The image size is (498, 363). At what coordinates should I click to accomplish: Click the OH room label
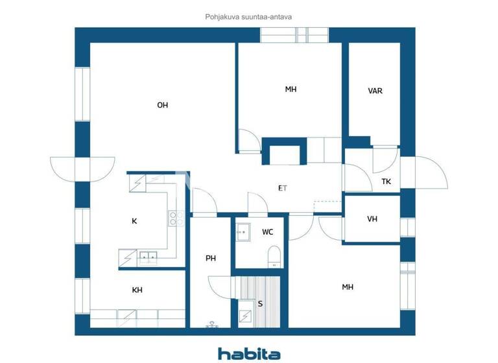pyautogui.click(x=163, y=105)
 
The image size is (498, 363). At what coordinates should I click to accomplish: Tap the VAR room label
pyautogui.click(x=375, y=91)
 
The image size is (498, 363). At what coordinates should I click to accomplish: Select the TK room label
pyautogui.click(x=386, y=181)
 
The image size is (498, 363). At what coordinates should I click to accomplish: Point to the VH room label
pyautogui.click(x=372, y=219)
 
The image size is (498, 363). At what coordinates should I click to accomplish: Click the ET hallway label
pyautogui.click(x=283, y=189)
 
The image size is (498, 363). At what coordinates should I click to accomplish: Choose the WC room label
pyautogui.click(x=268, y=231)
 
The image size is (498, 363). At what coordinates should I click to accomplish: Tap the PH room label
pyautogui.click(x=211, y=258)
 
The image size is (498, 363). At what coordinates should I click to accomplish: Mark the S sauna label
pyautogui.click(x=261, y=303)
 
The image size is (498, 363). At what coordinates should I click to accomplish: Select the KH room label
pyautogui.click(x=137, y=290)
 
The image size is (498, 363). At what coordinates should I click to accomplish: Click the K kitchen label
pyautogui.click(x=134, y=221)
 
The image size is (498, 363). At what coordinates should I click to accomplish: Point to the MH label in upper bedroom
pyautogui.click(x=290, y=89)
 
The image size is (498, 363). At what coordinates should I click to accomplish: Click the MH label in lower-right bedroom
pyautogui.click(x=348, y=287)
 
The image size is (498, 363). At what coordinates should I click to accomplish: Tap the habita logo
pyautogui.click(x=249, y=353)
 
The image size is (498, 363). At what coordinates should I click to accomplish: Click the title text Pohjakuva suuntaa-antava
pyautogui.click(x=248, y=18)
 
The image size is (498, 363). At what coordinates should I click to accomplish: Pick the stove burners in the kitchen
pyautogui.click(x=174, y=219)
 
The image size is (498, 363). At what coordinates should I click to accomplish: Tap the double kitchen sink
pyautogui.click(x=147, y=257)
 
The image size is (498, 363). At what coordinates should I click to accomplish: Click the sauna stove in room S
pyautogui.click(x=246, y=316)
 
